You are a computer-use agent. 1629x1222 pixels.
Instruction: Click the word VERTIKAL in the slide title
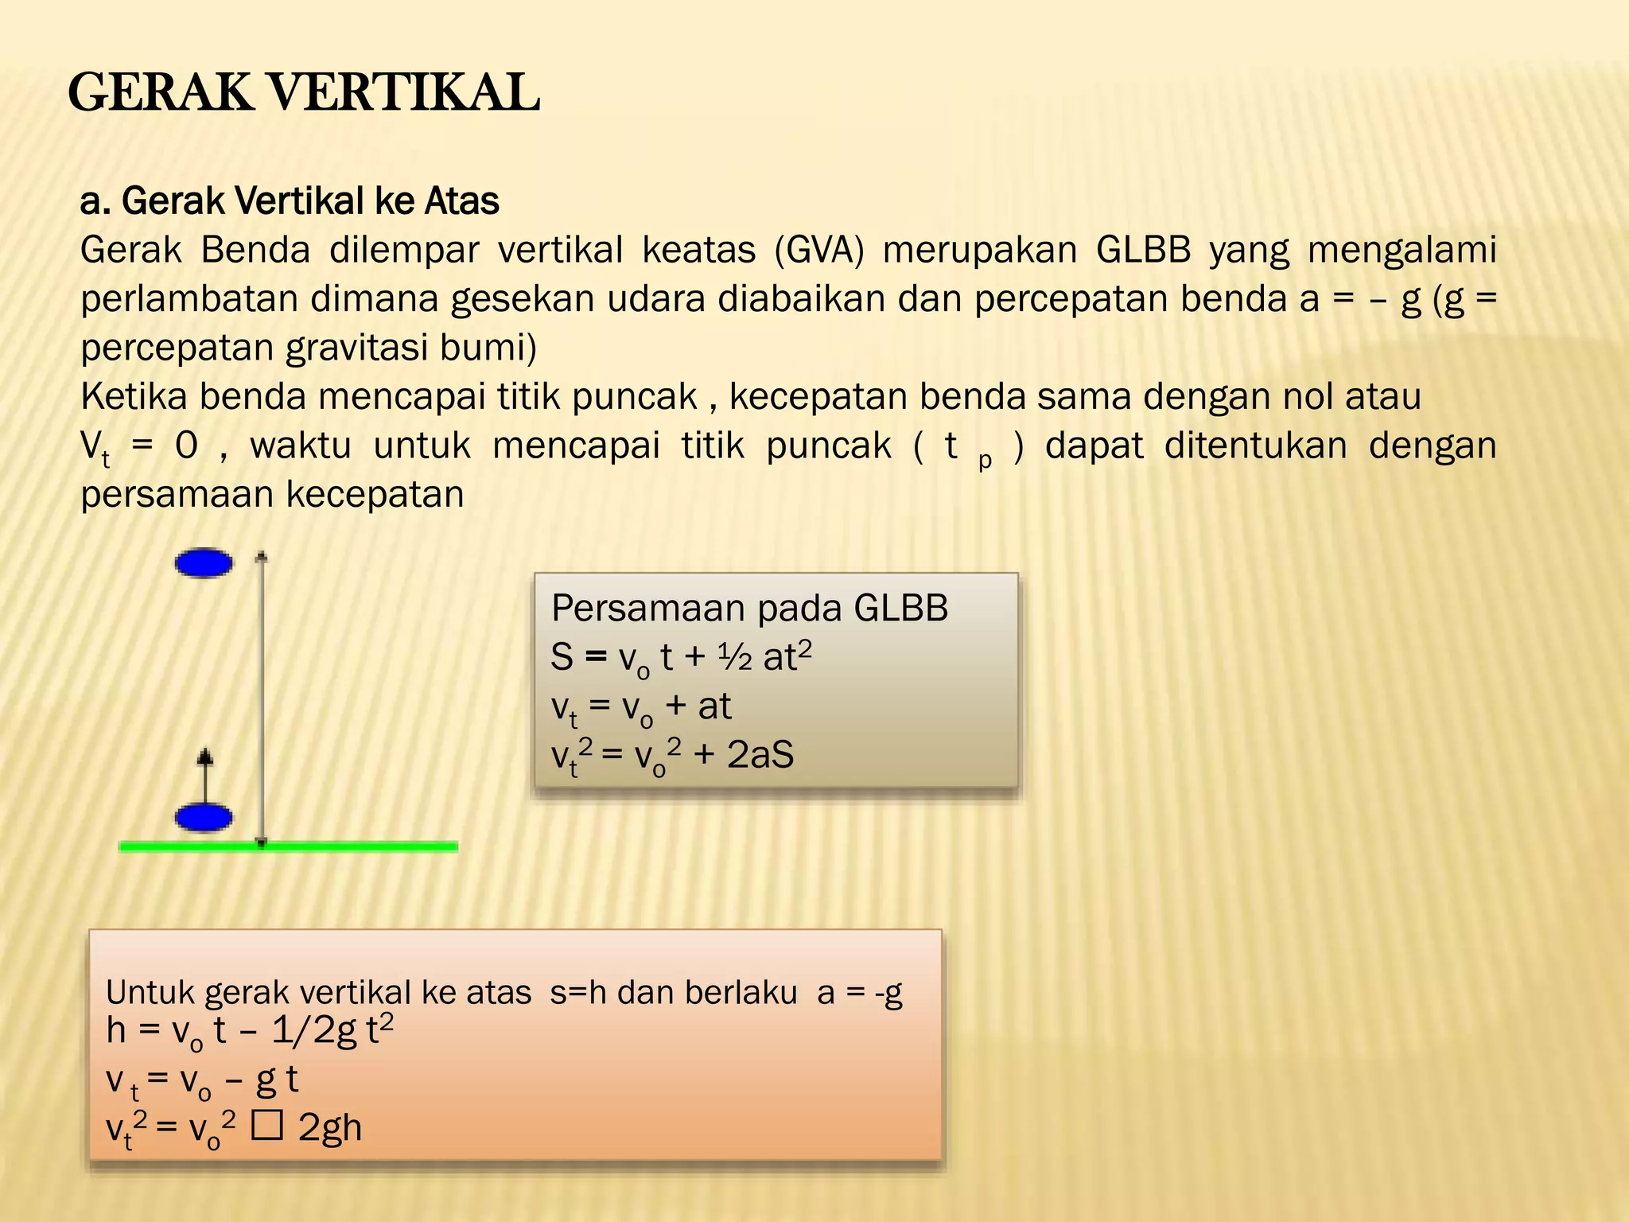point(406,93)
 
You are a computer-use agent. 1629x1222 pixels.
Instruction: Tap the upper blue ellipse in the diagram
point(204,563)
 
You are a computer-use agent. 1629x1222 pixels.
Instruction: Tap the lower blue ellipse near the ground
point(204,818)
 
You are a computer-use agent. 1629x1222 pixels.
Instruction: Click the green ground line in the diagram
point(358,846)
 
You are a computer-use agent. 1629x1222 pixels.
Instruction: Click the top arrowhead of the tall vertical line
point(261,557)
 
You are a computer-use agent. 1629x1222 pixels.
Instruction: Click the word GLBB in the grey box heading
point(900,609)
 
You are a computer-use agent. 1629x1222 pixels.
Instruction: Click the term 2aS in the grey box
point(760,754)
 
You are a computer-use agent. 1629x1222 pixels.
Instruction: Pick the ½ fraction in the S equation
point(734,657)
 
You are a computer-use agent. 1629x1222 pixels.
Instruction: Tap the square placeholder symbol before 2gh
point(266,1127)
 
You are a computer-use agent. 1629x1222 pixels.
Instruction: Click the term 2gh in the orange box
point(330,1127)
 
